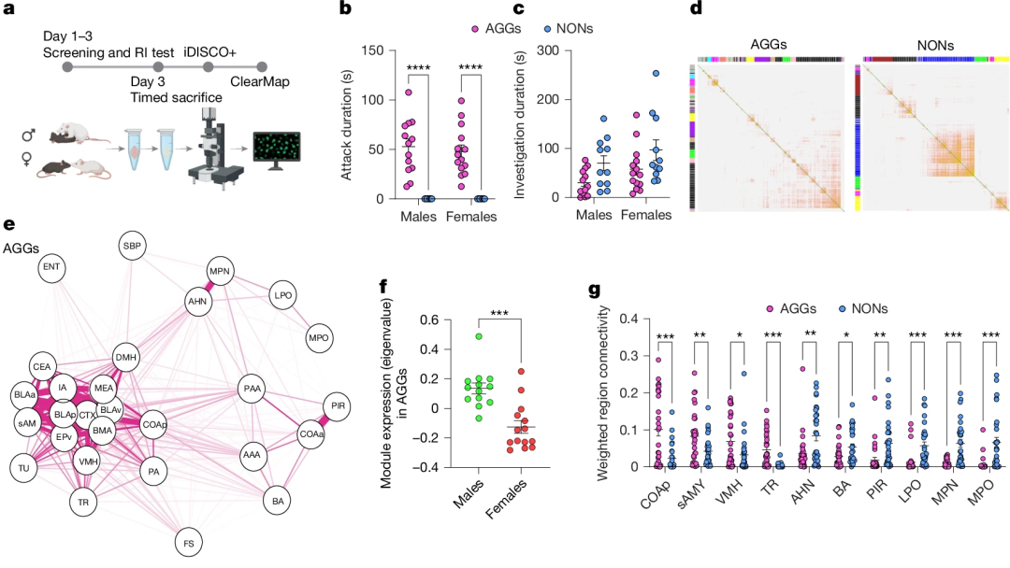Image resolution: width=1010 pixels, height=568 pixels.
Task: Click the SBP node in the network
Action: (130, 248)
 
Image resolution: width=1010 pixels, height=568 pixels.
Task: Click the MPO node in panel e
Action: (317, 335)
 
